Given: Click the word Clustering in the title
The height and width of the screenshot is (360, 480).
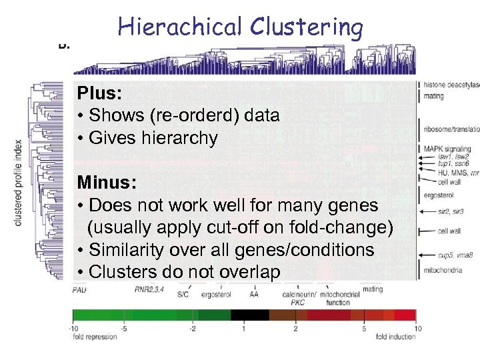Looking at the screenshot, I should point(307,27).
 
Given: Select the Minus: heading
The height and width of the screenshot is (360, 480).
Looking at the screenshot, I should point(105,181).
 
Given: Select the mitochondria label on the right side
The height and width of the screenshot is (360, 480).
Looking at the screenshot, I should point(443,271).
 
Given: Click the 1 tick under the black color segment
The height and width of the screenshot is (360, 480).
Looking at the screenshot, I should point(244,329).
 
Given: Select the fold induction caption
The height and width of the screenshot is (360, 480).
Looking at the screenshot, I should point(395,337).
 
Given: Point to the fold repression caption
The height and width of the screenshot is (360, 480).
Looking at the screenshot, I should point(95,337).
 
